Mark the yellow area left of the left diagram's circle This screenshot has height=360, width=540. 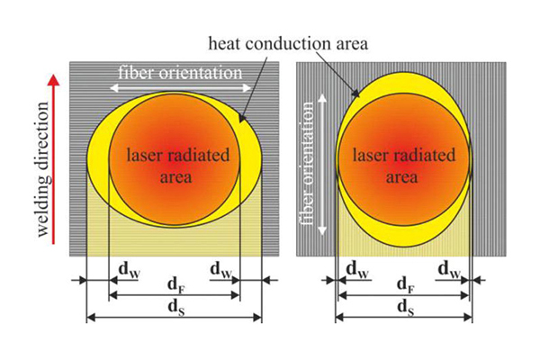98,153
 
